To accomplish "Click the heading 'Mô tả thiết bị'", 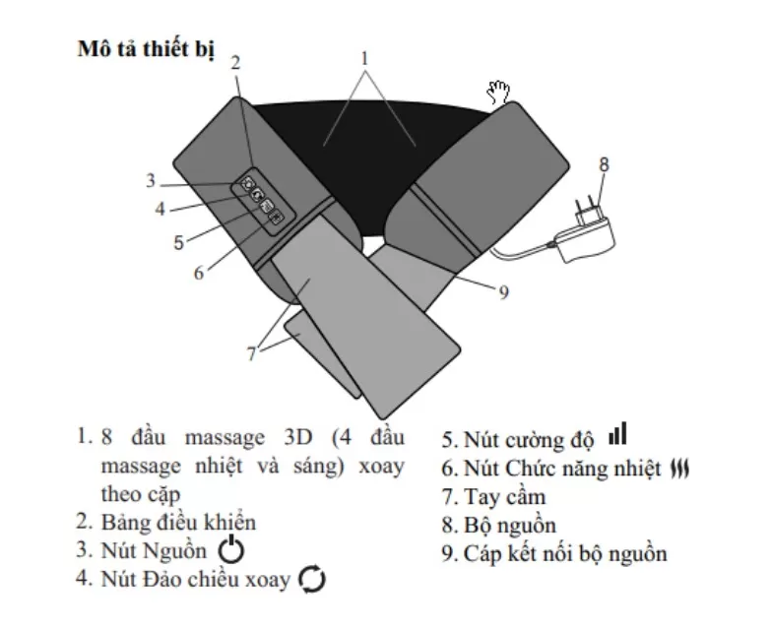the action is [146, 49].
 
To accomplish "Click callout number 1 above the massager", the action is [364, 58].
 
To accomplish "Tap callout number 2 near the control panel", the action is [236, 62].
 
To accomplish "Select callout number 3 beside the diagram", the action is [151, 181].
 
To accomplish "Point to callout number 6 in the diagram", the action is [199, 273].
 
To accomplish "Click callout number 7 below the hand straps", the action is [252, 352].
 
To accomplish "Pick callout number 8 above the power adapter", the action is [604, 164].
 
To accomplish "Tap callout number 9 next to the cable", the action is [503, 292].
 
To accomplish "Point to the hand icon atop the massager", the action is [498, 93].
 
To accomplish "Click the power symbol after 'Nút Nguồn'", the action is [230, 550].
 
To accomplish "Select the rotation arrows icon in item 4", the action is [312, 579].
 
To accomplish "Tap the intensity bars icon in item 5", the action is [617, 433].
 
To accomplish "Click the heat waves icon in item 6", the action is [680, 469].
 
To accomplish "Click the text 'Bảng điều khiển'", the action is [178, 523].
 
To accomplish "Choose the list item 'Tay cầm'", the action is [493, 497].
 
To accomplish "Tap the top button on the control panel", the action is [248, 184].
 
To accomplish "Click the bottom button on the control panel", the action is [277, 218].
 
